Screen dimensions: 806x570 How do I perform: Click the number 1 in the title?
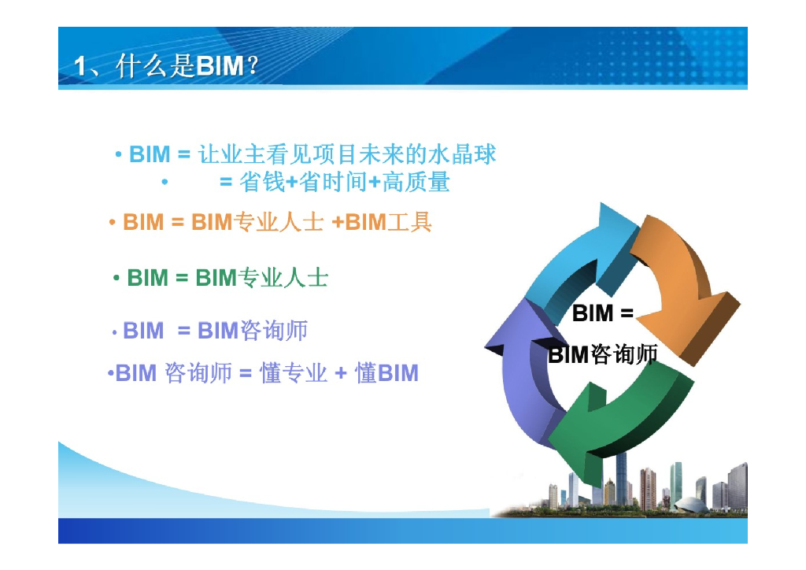[81, 67]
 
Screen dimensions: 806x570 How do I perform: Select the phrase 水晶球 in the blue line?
[470, 154]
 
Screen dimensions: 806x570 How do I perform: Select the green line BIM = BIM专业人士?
[227, 277]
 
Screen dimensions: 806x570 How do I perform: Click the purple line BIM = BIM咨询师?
[215, 331]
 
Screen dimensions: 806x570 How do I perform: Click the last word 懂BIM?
[386, 372]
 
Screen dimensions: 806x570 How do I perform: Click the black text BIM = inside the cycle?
[603, 313]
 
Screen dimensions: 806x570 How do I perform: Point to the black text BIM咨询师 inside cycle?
[603, 354]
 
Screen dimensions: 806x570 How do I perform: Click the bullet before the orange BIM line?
[113, 223]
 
